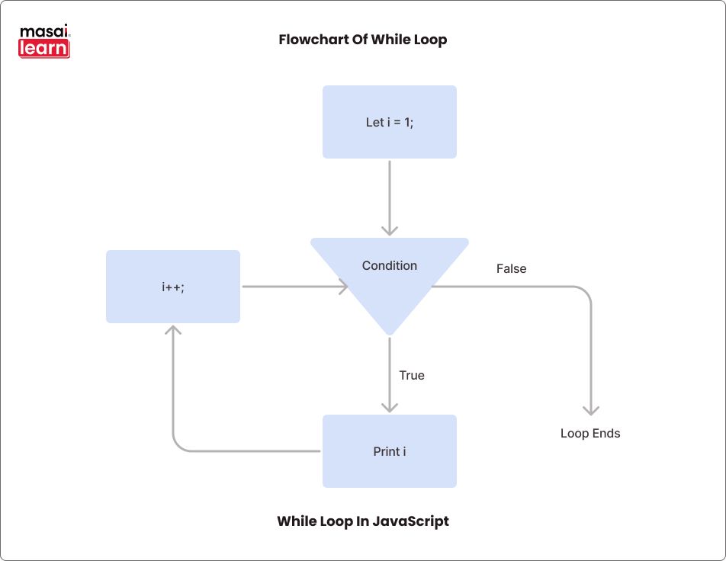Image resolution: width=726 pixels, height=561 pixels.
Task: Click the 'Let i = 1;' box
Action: click(x=389, y=122)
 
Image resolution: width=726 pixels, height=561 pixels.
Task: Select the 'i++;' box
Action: click(x=173, y=287)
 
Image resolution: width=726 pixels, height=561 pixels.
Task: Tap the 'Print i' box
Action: click(x=389, y=451)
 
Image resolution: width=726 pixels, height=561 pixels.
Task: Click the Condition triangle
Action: click(x=389, y=274)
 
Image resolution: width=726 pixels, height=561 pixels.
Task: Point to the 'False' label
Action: click(x=511, y=268)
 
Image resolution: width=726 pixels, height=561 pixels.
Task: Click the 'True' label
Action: click(x=412, y=375)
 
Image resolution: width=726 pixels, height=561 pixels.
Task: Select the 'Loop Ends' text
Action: click(x=590, y=433)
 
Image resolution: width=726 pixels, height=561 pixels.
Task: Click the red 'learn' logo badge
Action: click(x=44, y=49)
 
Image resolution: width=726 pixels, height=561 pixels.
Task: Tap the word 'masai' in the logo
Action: click(x=43, y=33)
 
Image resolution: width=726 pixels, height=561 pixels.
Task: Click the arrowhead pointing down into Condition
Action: click(x=390, y=229)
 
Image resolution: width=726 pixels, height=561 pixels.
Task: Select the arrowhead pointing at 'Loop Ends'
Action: click(x=591, y=409)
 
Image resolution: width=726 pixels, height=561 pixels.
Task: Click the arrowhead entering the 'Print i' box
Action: click(x=390, y=406)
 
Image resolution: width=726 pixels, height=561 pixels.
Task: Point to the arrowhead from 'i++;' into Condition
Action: click(x=342, y=287)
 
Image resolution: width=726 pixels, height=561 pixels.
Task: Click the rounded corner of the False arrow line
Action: click(x=586, y=291)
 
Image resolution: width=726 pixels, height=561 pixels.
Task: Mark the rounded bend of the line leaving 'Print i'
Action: click(x=178, y=447)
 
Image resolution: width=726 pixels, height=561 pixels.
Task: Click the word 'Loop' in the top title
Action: click(x=430, y=40)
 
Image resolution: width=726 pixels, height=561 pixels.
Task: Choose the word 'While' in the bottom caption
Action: click(x=294, y=521)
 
